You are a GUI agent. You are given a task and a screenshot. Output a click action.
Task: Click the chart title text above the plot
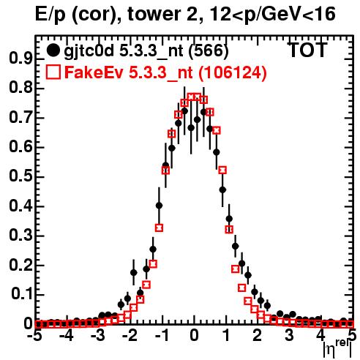tap(185, 14)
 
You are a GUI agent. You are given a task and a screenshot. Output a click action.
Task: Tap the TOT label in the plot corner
tap(308, 50)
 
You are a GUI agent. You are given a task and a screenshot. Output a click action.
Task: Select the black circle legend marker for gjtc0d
tap(53, 50)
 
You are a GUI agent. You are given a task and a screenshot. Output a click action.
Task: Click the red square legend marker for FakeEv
tap(53, 72)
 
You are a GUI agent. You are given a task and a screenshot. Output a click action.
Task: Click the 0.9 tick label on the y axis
tap(20, 59)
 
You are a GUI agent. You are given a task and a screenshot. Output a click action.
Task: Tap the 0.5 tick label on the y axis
tap(20, 176)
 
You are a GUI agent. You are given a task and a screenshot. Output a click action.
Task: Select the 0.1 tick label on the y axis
tap(21, 294)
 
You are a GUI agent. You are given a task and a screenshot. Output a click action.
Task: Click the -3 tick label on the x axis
tap(98, 335)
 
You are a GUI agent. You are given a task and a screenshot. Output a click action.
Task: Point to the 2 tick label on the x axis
tap(258, 335)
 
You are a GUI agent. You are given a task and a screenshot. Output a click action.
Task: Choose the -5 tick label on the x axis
tap(35, 335)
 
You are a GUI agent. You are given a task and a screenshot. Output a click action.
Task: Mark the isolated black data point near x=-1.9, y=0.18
tap(134, 272)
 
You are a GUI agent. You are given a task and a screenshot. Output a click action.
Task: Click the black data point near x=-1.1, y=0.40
tap(159, 206)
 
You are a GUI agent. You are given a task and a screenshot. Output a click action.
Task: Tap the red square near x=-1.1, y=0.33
tap(159, 228)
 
